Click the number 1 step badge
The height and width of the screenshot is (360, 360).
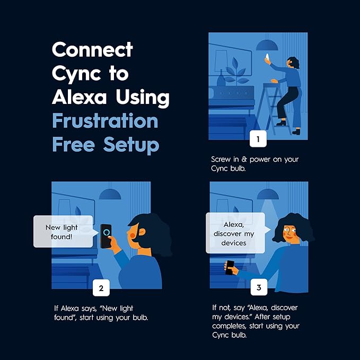258,139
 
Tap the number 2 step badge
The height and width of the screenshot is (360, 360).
101,288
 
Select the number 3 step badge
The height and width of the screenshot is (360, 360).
259,287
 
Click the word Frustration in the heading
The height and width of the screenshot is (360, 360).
105,120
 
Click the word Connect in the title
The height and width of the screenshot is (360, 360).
92,49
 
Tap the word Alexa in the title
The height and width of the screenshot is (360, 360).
80,96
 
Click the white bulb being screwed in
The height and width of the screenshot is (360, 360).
267,57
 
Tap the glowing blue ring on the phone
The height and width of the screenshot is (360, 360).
106,232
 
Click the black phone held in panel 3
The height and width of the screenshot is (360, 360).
230,267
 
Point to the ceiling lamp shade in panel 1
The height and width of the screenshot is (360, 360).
267,45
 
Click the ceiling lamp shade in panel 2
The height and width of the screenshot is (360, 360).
110,194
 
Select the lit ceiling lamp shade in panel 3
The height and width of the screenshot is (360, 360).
268,194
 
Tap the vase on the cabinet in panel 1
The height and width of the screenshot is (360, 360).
221,78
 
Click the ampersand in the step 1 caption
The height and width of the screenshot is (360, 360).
244,160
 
